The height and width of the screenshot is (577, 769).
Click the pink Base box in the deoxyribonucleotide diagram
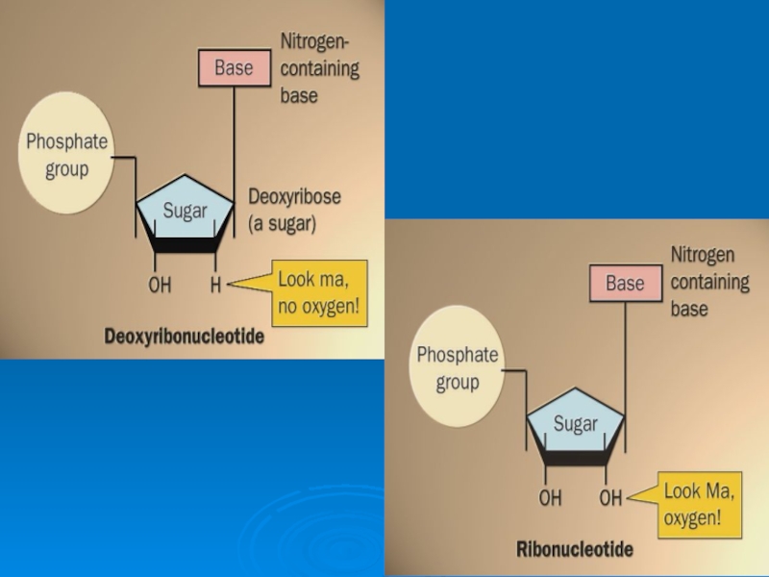tap(234, 68)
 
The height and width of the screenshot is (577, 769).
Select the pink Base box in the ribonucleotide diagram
tap(625, 284)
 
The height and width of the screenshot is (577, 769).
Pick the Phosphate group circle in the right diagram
tap(458, 368)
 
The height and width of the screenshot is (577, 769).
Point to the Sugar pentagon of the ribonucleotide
tap(576, 426)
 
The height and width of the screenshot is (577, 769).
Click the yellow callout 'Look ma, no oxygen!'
tap(321, 291)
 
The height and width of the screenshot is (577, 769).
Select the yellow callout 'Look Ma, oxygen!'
tap(699, 505)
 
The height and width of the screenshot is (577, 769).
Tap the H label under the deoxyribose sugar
tap(216, 285)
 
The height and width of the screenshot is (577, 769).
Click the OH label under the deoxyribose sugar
tap(160, 285)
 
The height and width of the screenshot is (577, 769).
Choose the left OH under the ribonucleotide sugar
tap(550, 498)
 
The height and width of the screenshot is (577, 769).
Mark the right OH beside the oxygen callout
tap(611, 498)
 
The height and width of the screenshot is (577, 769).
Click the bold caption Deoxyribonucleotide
tap(184, 338)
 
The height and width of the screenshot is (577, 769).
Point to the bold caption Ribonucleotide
tap(575, 550)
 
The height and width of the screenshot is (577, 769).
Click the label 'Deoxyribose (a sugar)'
tap(295, 210)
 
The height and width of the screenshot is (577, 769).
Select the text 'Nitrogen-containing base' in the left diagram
tap(319, 68)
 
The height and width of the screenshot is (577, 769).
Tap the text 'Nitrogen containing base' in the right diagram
tap(709, 282)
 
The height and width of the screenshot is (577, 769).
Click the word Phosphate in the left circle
tap(66, 143)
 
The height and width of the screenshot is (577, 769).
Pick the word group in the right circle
tap(458, 383)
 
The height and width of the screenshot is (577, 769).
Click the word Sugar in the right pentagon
tap(576, 424)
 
